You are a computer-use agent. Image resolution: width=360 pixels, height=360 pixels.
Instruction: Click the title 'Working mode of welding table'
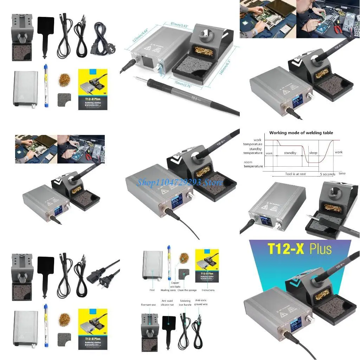tap(301, 133)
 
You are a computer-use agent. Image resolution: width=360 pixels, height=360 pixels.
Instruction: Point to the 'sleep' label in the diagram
tap(313, 153)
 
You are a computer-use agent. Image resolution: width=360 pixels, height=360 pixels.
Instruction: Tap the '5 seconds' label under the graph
tap(328, 174)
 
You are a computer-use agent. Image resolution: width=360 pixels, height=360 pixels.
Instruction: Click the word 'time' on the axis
tap(342, 173)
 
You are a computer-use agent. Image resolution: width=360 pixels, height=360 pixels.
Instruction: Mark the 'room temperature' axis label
tap(253, 164)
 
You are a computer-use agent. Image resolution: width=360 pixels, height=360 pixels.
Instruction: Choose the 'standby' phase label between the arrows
tap(290, 153)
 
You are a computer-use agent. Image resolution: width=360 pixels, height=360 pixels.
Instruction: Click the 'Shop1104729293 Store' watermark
tap(180, 182)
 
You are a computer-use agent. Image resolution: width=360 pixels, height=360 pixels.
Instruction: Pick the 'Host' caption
tap(152, 290)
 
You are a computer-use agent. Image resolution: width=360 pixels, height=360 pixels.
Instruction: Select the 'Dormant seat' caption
tap(148, 305)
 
